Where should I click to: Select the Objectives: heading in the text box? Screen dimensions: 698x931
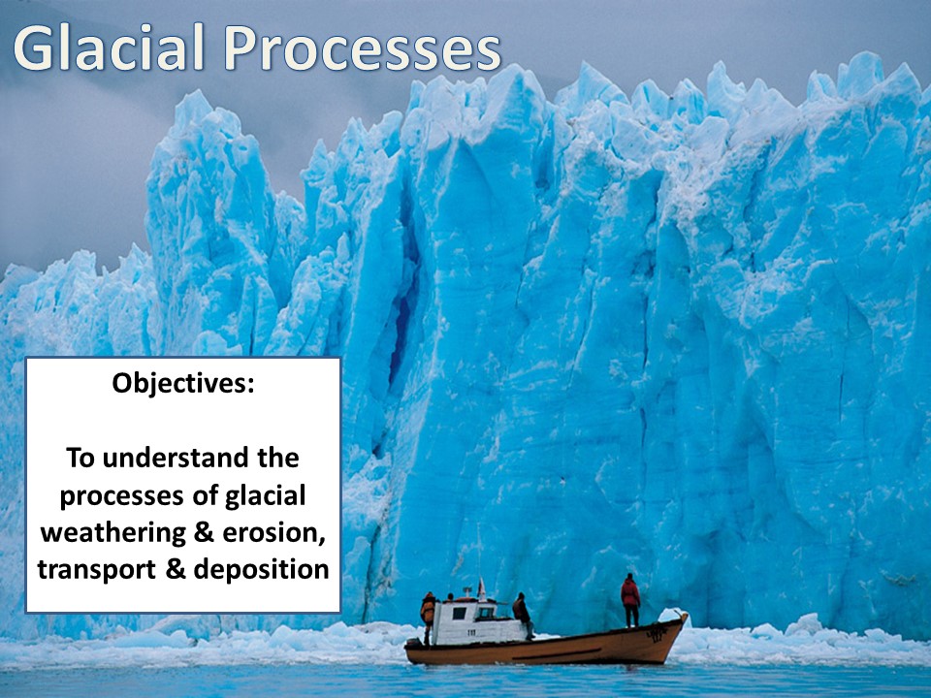pyautogui.click(x=182, y=383)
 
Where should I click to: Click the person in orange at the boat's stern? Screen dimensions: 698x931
pyautogui.click(x=428, y=617)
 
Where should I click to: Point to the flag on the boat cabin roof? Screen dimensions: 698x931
pyautogui.click(x=480, y=587)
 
